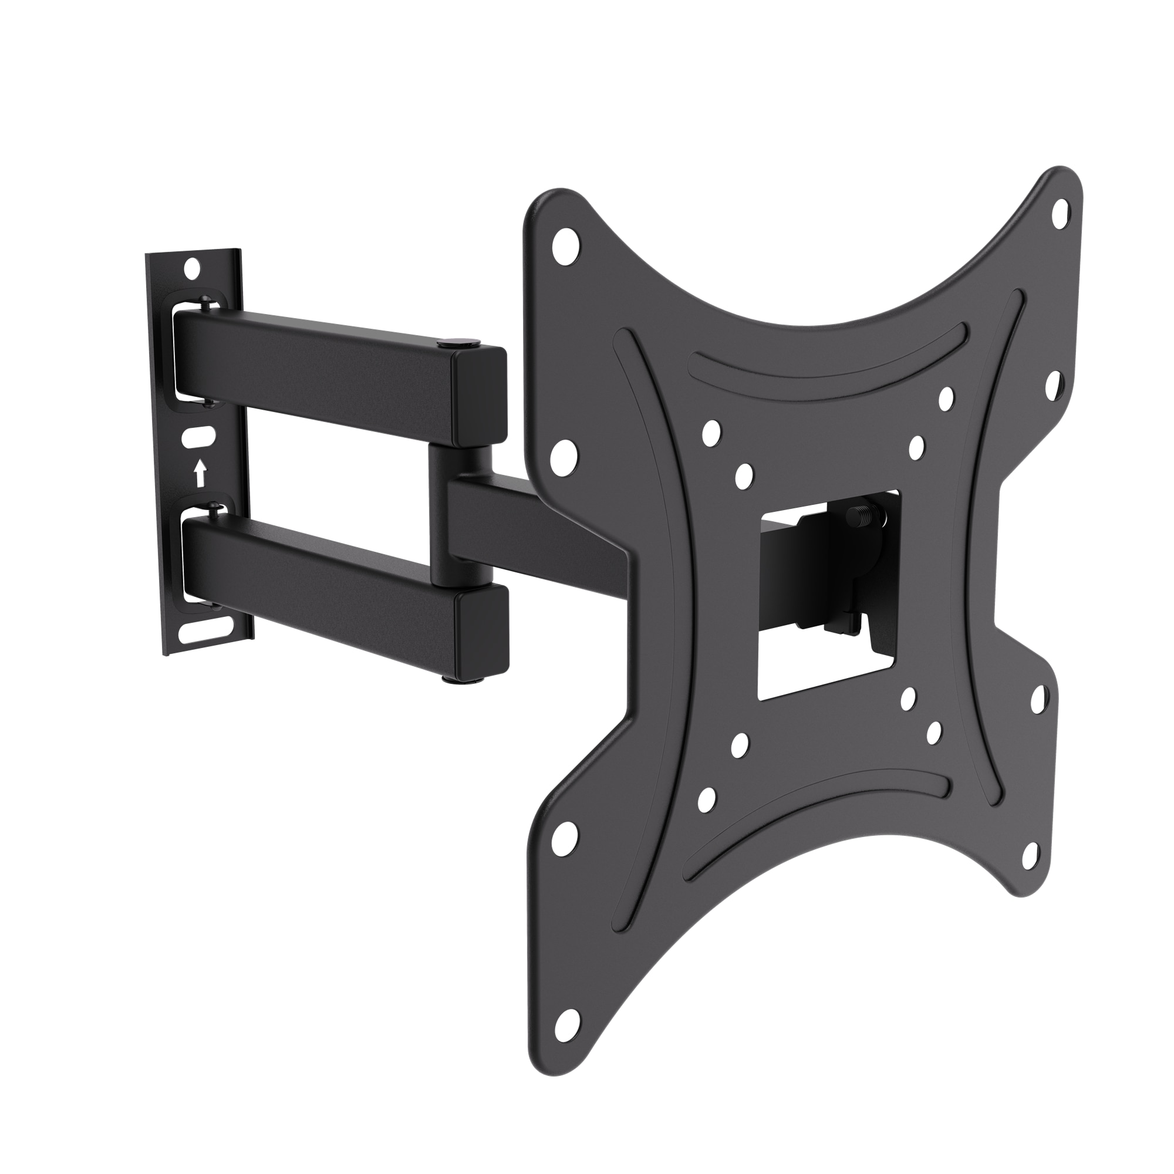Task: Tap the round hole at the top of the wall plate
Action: [192, 266]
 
